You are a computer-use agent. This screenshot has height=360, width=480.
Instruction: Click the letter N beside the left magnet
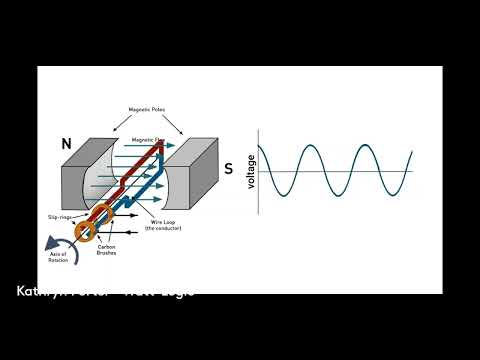click(x=65, y=145)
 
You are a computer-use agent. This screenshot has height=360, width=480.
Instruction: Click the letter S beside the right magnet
click(x=227, y=169)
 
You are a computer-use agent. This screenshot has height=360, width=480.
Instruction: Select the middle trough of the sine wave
click(x=336, y=197)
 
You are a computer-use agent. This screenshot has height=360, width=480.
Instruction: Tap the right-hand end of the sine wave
click(x=411, y=152)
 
